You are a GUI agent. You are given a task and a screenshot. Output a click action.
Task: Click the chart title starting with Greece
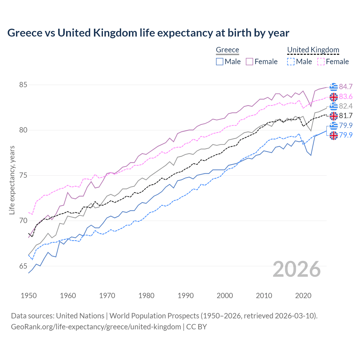click(x=148, y=33)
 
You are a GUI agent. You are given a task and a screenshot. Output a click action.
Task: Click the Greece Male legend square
click(x=220, y=62)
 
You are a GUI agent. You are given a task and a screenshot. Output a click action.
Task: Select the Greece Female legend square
click(x=249, y=62)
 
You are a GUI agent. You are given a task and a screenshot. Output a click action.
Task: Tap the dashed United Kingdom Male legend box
click(x=291, y=62)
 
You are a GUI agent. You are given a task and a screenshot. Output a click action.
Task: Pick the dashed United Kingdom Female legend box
click(x=321, y=62)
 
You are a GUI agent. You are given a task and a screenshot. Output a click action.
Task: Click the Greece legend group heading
click(x=227, y=50)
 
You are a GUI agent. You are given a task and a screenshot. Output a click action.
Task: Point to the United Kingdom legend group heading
click(x=313, y=50)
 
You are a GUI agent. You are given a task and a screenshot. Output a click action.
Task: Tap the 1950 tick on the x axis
click(x=29, y=296)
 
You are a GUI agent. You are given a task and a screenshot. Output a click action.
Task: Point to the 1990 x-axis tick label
click(x=185, y=296)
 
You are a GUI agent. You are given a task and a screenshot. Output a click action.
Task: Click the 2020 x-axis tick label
click(x=303, y=296)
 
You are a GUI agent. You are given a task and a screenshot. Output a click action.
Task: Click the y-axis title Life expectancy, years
click(x=12, y=180)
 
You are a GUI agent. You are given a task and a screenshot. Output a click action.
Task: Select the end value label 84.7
click(x=346, y=87)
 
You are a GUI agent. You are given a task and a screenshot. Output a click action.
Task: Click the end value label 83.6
click(x=346, y=97)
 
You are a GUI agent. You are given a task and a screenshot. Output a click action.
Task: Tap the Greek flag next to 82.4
click(x=334, y=106)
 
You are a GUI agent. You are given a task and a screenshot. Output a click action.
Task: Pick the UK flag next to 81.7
click(x=334, y=116)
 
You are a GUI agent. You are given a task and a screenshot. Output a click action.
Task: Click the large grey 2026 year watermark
click(x=297, y=269)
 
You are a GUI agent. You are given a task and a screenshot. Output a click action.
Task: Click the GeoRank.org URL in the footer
click(x=96, y=327)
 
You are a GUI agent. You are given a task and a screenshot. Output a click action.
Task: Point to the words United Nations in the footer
click(x=80, y=316)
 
